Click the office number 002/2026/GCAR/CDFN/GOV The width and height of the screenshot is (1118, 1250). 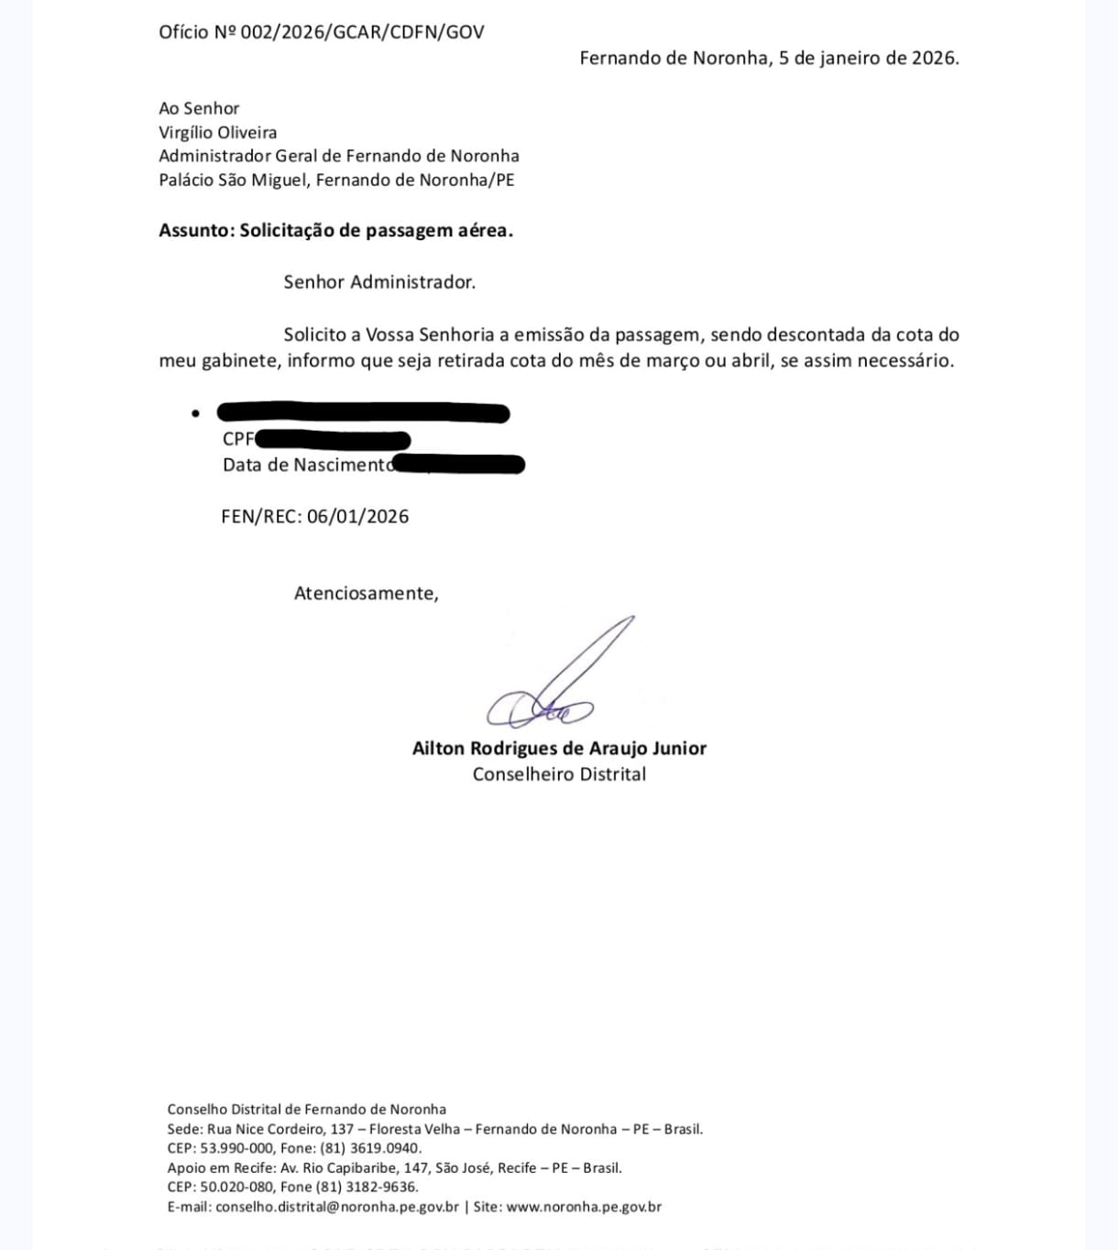point(362,32)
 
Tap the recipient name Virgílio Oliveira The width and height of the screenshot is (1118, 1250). point(217,132)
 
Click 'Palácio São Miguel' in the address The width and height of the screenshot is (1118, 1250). point(233,180)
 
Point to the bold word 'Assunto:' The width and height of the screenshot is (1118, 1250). point(196,230)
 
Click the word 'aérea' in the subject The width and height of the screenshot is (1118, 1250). point(486,230)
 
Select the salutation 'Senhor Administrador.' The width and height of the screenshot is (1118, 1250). point(379,282)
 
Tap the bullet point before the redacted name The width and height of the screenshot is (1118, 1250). point(195,413)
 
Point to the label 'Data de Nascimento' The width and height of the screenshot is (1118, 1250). point(305,465)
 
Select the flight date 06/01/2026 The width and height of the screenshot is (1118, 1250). point(357,516)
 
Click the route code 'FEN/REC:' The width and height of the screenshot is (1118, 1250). point(261,516)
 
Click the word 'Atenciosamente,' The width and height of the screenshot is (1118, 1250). point(366,593)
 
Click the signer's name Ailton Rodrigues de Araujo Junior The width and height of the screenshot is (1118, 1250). point(559,748)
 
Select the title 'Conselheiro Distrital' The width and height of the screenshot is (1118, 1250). point(559,773)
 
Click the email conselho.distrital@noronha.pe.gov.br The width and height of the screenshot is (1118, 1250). point(337,1207)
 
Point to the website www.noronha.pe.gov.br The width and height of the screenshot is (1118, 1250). point(584,1207)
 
